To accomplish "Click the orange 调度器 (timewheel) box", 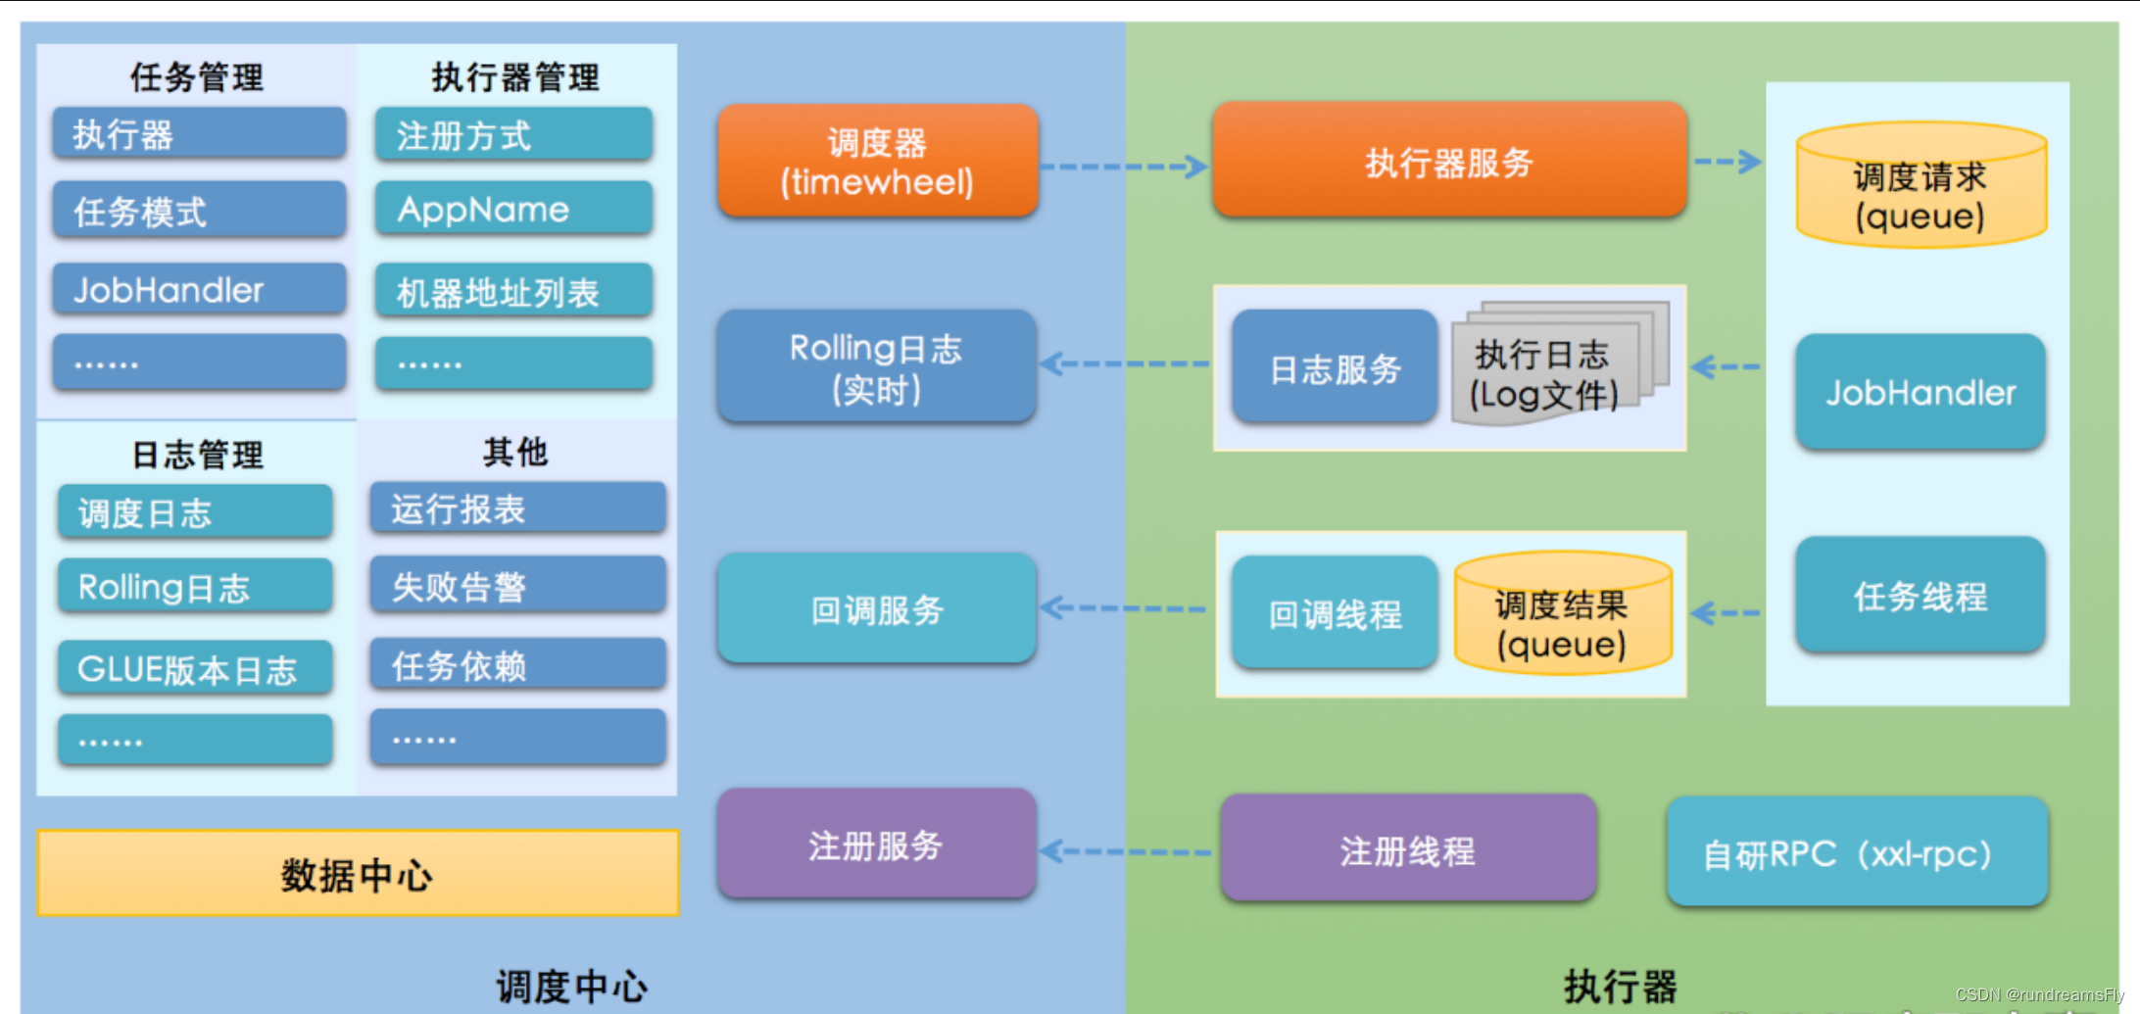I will point(877,162).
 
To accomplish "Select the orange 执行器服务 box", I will point(1448,161).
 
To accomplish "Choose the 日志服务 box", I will point(1335,368).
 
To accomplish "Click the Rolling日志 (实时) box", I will point(876,367).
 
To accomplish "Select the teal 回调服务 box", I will point(876,609).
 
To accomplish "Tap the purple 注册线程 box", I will point(1408,849).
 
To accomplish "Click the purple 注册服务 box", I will point(876,845).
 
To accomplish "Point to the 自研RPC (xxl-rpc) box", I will point(1857,852).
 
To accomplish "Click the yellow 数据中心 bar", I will point(358,874).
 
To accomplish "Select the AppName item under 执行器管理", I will point(513,209).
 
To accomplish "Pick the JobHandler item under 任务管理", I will point(199,289).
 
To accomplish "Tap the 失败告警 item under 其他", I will point(517,586).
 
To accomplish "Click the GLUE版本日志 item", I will point(195,668).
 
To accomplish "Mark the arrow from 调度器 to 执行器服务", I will point(1124,167).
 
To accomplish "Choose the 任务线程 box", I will point(1920,595).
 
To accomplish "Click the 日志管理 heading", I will point(198,455).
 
